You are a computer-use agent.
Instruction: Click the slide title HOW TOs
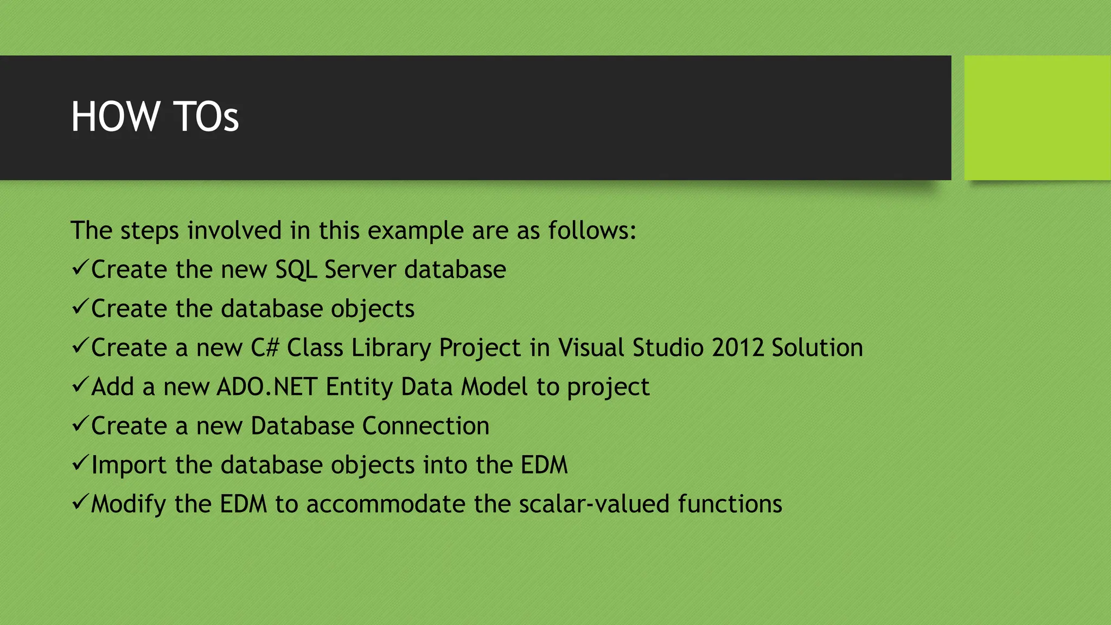point(155,117)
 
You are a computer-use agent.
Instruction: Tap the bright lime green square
point(1037,118)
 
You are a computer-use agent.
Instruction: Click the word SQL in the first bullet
point(296,270)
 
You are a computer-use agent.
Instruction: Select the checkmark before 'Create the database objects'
point(80,307)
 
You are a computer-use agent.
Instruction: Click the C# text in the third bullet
point(265,348)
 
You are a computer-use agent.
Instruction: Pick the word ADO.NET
point(267,387)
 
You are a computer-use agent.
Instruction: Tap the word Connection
point(426,426)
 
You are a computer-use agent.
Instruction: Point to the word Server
point(360,270)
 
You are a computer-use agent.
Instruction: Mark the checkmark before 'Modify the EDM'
point(80,502)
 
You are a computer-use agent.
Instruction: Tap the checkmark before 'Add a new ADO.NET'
point(80,385)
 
